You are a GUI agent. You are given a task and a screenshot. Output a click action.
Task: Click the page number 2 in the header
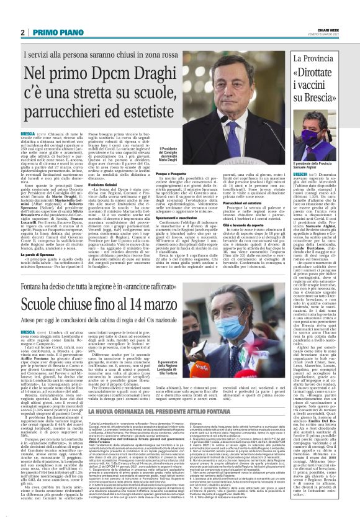[22, 32]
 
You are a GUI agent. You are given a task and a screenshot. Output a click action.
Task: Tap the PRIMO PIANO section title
[60, 32]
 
